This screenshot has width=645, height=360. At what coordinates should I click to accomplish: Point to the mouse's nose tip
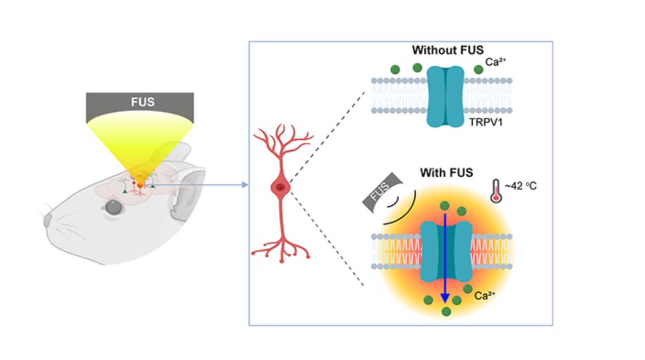47,221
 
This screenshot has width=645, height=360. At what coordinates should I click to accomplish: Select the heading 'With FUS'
446,173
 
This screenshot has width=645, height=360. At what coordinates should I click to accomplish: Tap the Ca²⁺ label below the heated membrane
484,296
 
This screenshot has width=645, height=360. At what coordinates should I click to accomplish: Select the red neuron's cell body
279,187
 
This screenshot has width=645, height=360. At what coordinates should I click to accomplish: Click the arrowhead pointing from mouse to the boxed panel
245,185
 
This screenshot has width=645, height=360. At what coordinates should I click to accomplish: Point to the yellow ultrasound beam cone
140,147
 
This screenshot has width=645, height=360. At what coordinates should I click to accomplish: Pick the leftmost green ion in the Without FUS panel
395,70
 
